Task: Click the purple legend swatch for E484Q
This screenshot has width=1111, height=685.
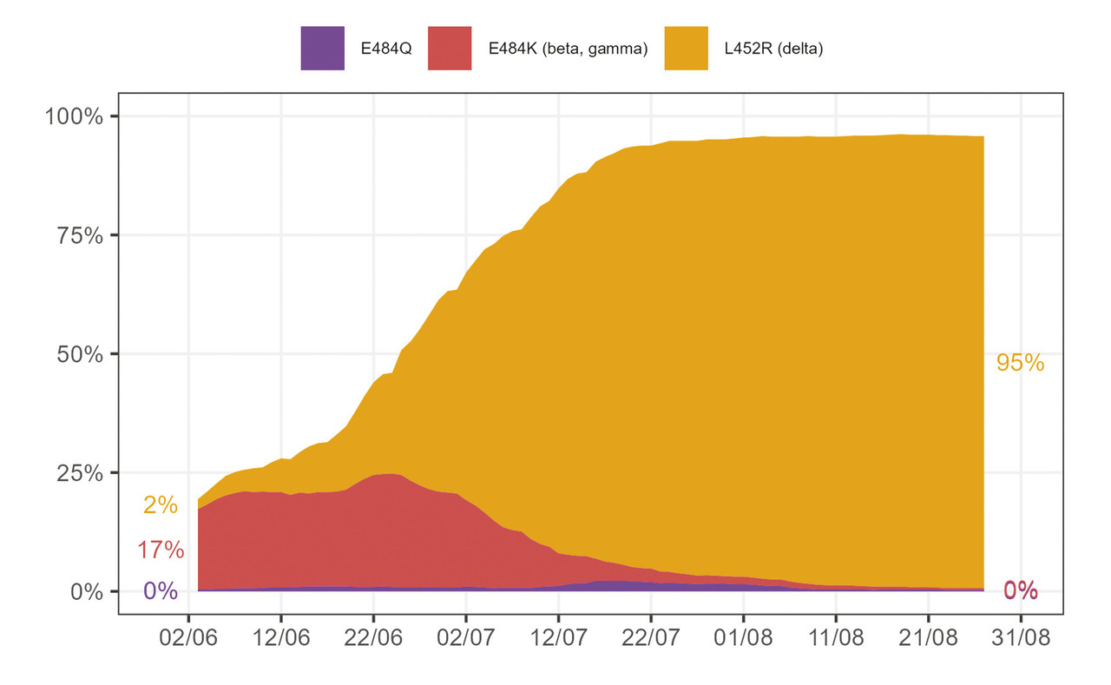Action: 322,49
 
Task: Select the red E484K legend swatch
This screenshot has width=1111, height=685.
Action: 450,49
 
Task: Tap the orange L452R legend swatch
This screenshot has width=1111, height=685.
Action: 686,49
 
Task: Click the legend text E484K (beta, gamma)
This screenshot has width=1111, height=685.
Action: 568,49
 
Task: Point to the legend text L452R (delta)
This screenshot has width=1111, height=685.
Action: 773,49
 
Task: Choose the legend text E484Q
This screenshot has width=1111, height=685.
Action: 385,49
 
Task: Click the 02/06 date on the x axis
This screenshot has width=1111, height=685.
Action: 187,638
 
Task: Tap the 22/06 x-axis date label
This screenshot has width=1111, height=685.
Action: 373,638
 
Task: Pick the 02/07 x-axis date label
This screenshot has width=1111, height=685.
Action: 465,638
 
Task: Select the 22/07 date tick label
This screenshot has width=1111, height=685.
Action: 651,638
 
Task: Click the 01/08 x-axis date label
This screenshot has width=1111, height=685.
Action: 743,638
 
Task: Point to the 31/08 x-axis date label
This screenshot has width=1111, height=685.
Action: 1021,638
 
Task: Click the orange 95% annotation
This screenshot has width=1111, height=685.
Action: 1020,364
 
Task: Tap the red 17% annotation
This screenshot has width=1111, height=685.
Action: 161,550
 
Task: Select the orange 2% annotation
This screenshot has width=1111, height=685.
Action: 161,505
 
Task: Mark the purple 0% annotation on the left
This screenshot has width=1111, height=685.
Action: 161,591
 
